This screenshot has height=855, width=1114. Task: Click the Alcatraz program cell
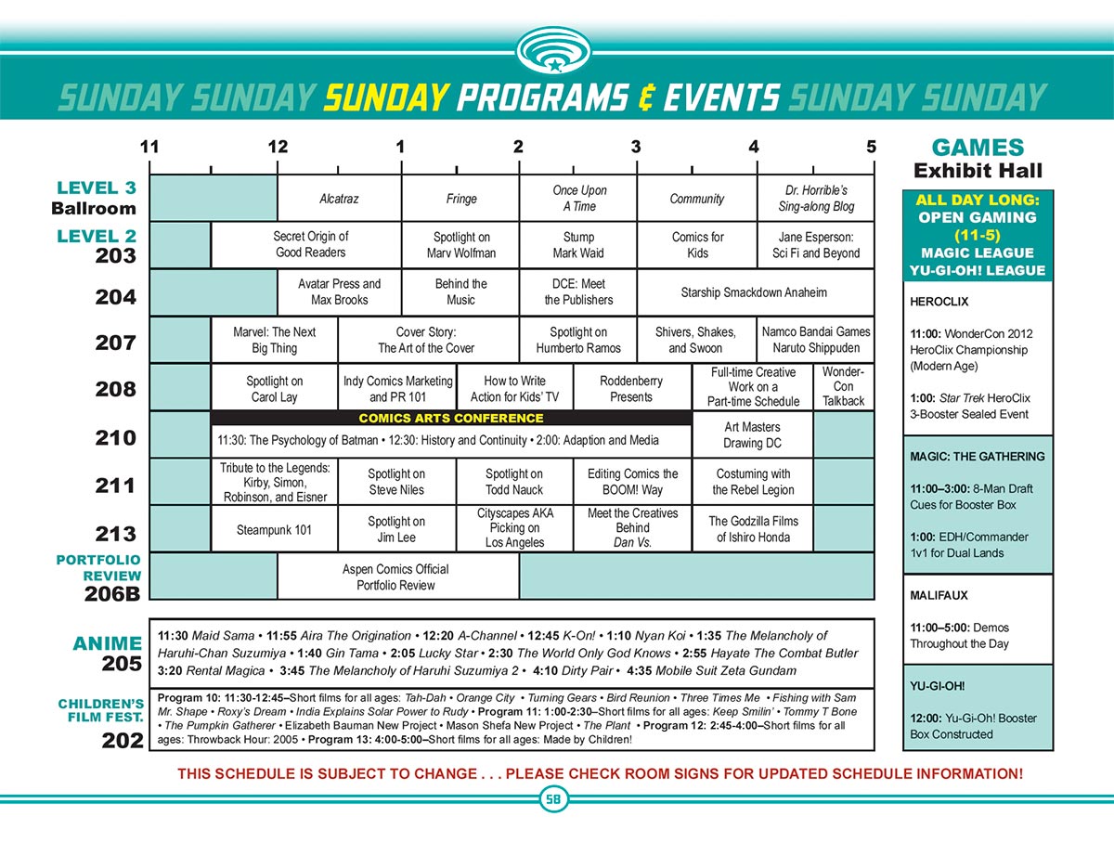tap(339, 199)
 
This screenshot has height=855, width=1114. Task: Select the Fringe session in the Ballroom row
tap(460, 199)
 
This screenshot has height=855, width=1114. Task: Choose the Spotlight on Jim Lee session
tap(396, 529)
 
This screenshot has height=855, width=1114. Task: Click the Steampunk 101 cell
tap(275, 530)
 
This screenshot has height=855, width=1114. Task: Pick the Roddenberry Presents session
tap(631, 388)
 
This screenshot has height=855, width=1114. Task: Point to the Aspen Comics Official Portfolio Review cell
tap(395, 576)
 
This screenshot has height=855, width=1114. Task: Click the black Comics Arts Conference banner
tap(451, 418)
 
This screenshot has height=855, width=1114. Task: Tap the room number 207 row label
tap(115, 343)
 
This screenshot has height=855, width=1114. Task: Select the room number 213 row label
tap(115, 534)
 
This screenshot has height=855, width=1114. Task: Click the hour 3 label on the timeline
tap(636, 147)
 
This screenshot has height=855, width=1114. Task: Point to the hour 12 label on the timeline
tap(277, 147)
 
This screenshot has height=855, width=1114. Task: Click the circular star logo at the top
tap(554, 51)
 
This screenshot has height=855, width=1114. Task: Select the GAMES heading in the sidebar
tap(978, 148)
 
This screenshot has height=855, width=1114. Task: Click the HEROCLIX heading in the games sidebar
tap(939, 302)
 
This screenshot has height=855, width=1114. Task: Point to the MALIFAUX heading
tap(940, 595)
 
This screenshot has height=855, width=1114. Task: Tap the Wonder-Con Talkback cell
tap(843, 387)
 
